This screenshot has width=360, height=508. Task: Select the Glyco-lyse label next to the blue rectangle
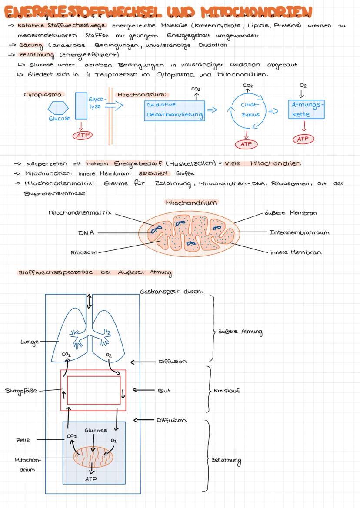coord(96,103)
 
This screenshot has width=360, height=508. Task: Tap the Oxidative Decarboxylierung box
coord(174,110)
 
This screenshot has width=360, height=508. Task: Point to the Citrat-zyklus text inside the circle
coord(250,110)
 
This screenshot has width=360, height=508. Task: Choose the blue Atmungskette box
coord(307,109)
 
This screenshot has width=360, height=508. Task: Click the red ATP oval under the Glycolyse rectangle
coord(82,136)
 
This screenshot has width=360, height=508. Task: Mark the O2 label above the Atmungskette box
coord(303,86)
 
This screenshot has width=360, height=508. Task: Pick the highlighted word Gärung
coord(28,45)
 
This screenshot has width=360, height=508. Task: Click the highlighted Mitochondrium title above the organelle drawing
coord(191,203)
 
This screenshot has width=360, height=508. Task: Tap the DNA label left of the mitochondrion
coord(86,233)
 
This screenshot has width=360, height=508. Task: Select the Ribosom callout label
coord(84,252)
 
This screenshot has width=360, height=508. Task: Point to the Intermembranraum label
coord(299,232)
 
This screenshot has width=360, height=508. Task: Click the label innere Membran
coord(296,252)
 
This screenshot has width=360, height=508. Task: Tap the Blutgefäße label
coord(22,390)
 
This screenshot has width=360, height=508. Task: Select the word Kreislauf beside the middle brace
coord(227,391)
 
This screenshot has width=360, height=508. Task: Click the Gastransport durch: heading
coord(171,292)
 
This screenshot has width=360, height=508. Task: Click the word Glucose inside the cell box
coord(96,430)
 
